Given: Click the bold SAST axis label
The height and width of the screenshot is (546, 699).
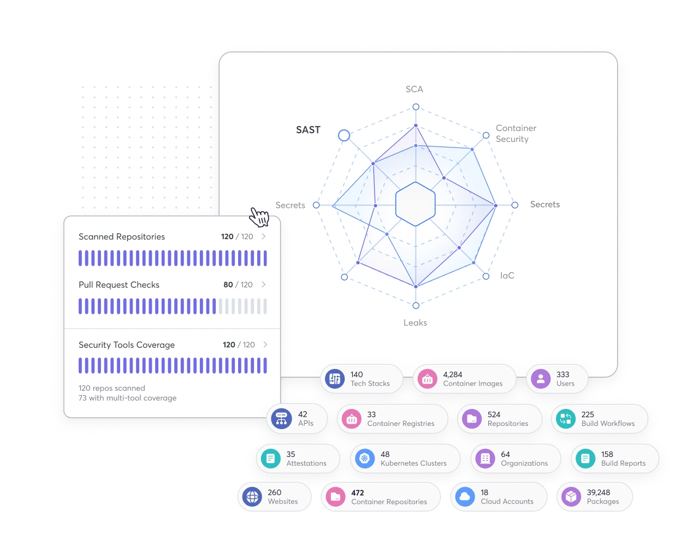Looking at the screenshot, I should pyautogui.click(x=308, y=130).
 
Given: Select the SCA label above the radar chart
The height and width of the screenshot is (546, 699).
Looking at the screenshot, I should pyautogui.click(x=414, y=89).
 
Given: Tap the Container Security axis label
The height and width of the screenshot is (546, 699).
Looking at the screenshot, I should pyautogui.click(x=516, y=134).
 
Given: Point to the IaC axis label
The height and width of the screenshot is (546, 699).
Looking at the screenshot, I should pyautogui.click(x=507, y=276).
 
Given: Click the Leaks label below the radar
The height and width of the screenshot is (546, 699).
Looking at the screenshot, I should pyautogui.click(x=415, y=323).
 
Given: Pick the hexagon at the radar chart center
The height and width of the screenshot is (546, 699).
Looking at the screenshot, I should pyautogui.click(x=416, y=204).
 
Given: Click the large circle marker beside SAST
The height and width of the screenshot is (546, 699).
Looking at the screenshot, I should pyautogui.click(x=344, y=135).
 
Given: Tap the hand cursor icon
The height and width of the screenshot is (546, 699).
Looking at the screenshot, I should pyautogui.click(x=259, y=217).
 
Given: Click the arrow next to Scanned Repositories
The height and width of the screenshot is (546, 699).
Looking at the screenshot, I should pyautogui.click(x=264, y=236).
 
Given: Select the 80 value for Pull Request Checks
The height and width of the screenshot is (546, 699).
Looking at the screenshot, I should pyautogui.click(x=228, y=284).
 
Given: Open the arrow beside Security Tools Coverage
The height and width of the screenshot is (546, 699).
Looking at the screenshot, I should pyautogui.click(x=265, y=345).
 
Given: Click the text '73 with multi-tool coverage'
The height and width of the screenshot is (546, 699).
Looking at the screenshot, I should pyautogui.click(x=127, y=398).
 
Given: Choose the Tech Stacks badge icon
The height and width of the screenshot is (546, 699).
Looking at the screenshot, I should pyautogui.click(x=335, y=378).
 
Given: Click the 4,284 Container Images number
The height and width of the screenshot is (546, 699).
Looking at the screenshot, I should pyautogui.click(x=453, y=375).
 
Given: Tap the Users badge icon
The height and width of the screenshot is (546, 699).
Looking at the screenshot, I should pyautogui.click(x=541, y=378).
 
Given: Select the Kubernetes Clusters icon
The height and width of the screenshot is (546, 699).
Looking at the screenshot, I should pyautogui.click(x=365, y=459).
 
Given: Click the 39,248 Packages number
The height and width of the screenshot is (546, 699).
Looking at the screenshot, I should pyautogui.click(x=599, y=492).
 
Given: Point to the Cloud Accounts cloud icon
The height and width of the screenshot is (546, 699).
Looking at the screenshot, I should pyautogui.click(x=465, y=497).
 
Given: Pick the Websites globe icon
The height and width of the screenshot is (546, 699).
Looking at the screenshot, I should pyautogui.click(x=252, y=497).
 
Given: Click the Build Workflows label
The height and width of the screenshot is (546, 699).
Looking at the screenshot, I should pyautogui.click(x=608, y=423).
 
